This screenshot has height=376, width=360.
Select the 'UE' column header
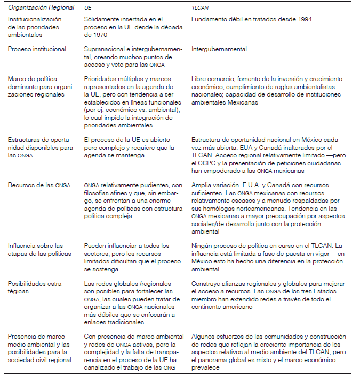click(x=88, y=8)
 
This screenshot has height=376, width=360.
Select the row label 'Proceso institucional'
click(x=37, y=49)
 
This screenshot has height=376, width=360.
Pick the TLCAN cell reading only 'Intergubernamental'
click(x=219, y=49)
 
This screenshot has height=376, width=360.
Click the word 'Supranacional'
click(x=102, y=49)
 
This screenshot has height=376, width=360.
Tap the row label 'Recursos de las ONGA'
click(x=37, y=185)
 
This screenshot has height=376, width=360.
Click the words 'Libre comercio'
click(x=210, y=79)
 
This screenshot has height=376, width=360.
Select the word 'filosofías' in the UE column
click(x=97, y=192)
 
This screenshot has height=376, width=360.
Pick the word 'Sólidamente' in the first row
click(x=101, y=19)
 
